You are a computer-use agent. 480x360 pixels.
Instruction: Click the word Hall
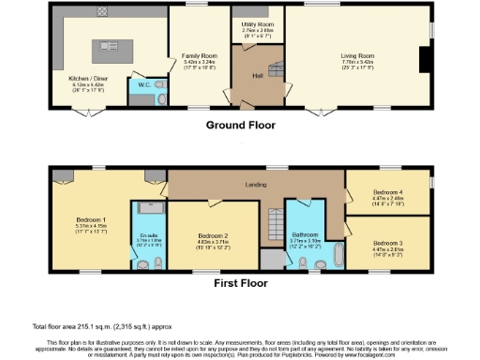(x=257, y=75)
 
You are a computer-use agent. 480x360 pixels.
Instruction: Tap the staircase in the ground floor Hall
(x=278, y=66)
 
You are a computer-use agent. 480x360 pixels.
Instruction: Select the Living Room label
(x=357, y=55)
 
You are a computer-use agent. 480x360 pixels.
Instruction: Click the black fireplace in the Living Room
(x=425, y=58)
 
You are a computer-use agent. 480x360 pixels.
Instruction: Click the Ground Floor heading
(x=239, y=122)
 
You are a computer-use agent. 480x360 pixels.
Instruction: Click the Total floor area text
(x=102, y=325)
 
